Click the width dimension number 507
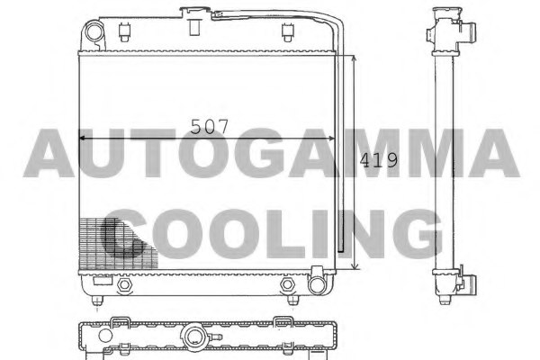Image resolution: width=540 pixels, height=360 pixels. tap(211, 126)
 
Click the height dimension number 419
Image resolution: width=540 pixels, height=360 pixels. tap(378, 160)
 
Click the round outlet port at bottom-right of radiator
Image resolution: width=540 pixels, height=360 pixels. tap(316, 285)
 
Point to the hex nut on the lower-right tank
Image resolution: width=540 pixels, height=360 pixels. tap(289, 285)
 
